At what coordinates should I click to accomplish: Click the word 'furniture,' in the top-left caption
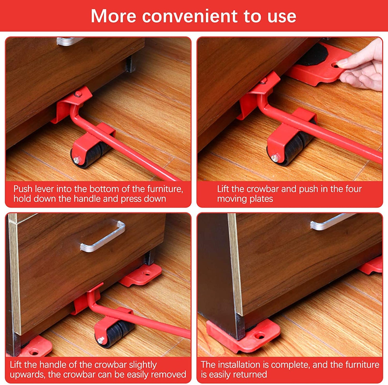coord(165,189)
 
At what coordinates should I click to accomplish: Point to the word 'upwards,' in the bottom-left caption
coord(27,374)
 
